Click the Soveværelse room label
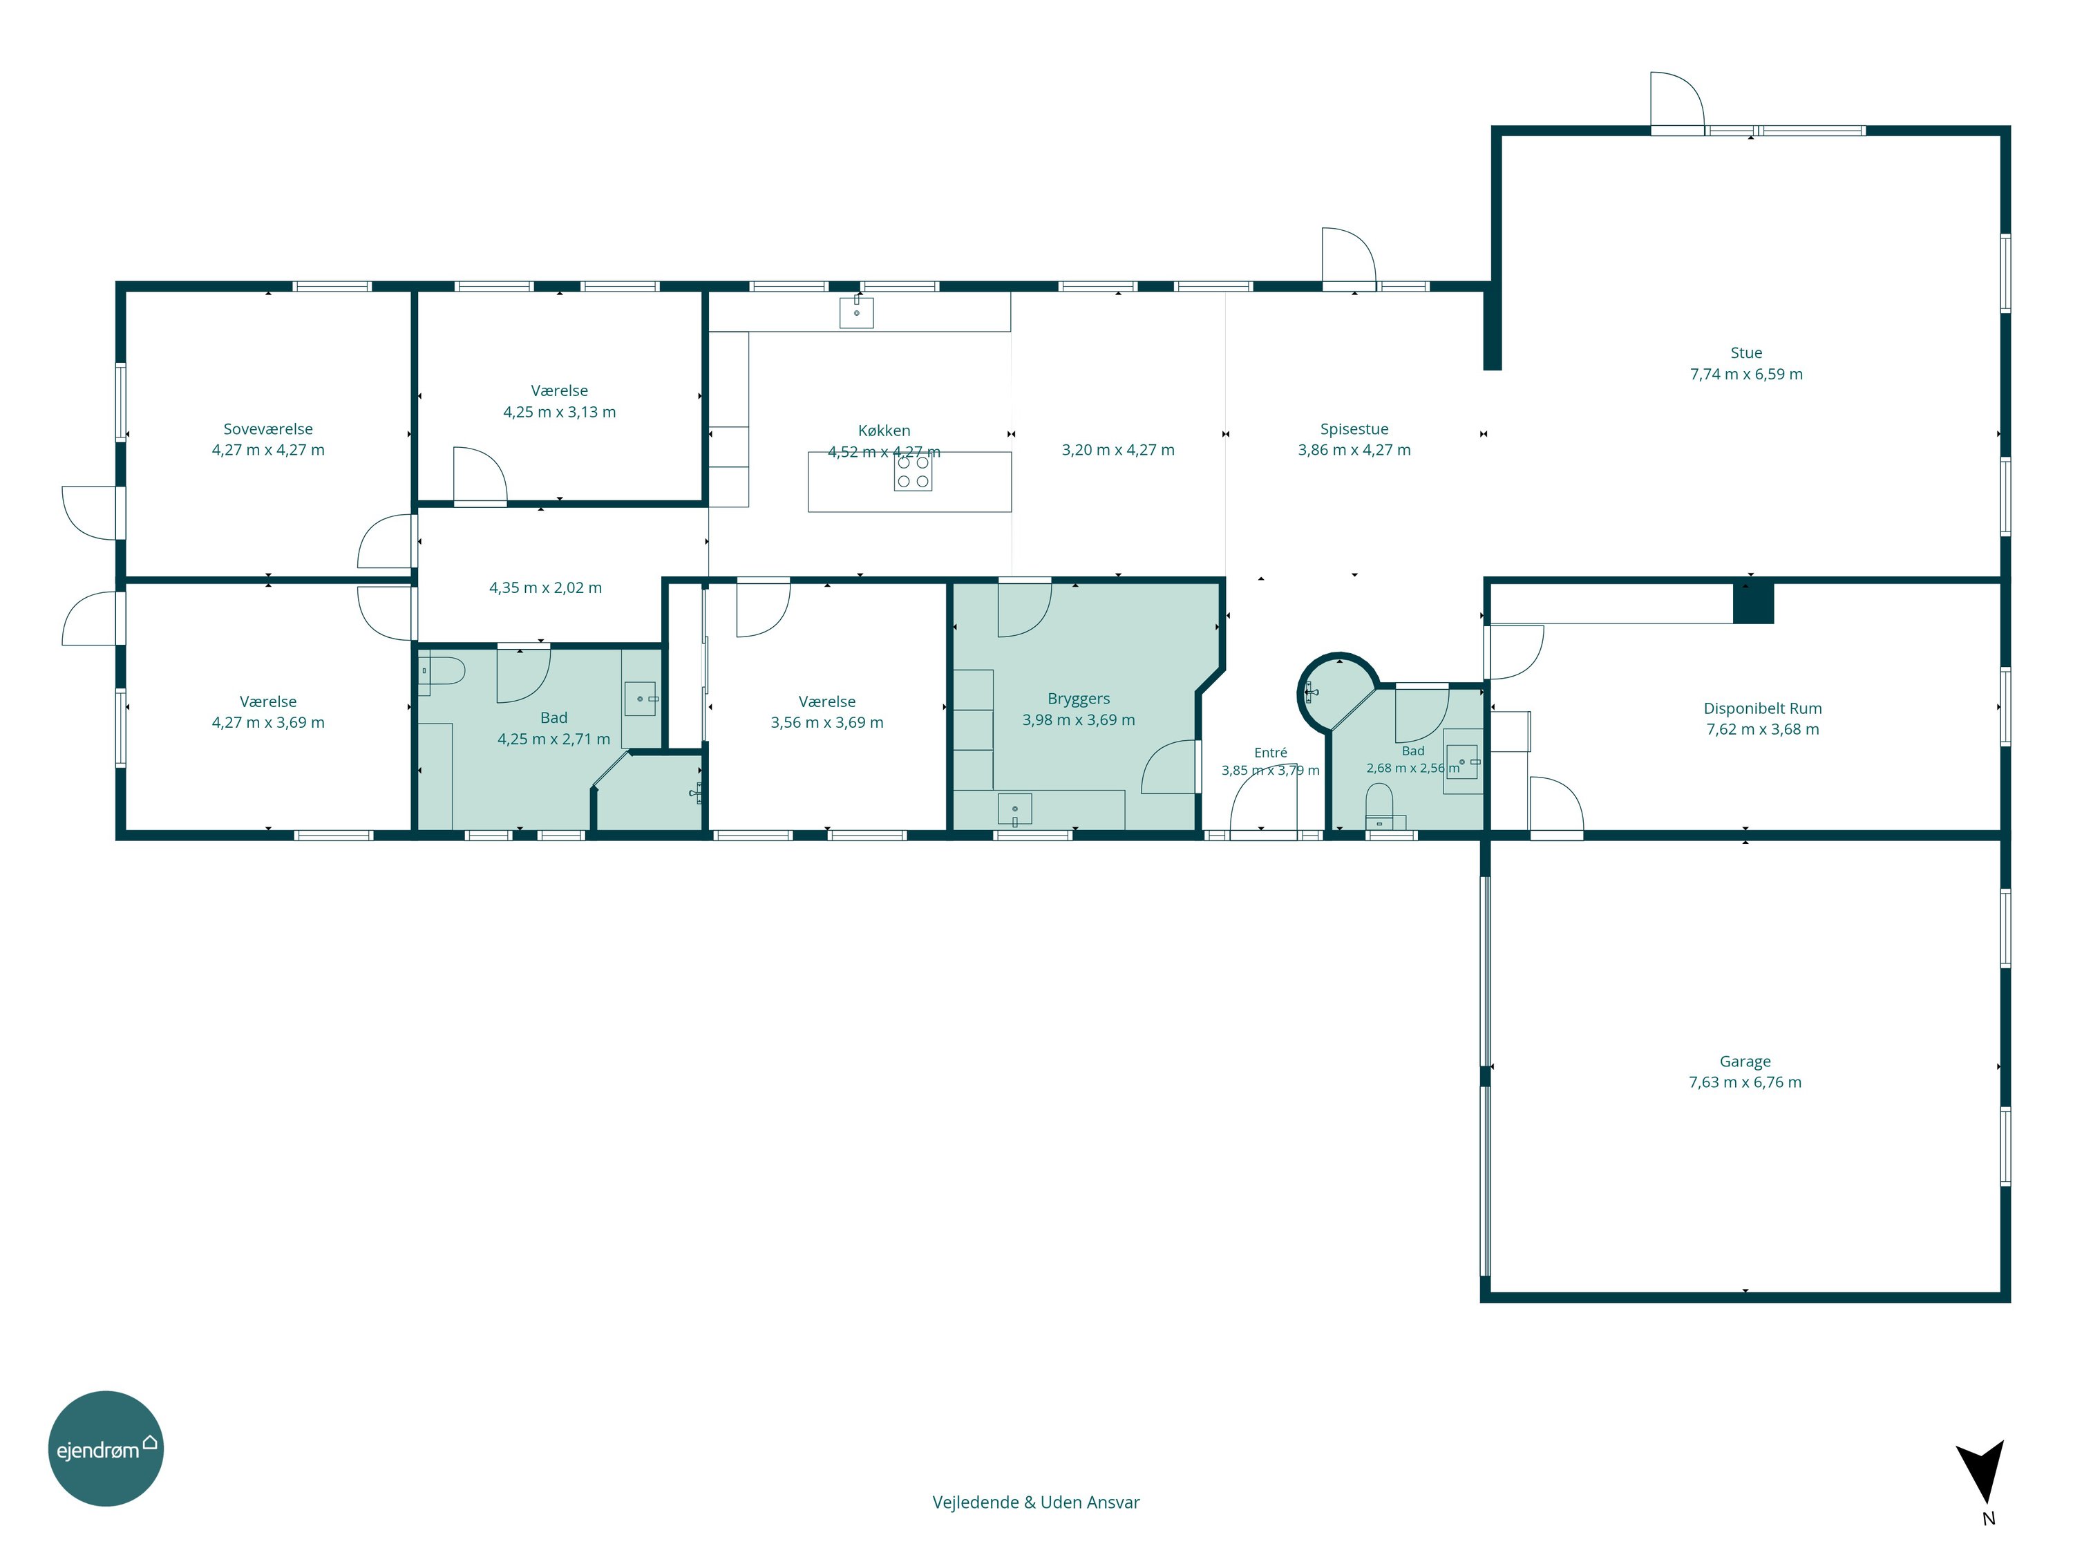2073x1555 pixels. pos(268,429)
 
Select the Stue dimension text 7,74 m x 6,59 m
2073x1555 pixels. pos(1746,374)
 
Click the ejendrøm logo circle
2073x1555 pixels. pos(106,1448)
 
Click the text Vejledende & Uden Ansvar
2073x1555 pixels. pos(1036,1502)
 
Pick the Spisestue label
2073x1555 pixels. pos(1354,429)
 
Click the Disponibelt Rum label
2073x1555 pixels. pos(1763,708)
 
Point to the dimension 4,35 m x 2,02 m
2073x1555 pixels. pos(545,587)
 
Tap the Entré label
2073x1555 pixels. pos(1271,753)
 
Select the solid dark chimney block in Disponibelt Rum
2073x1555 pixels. pos(1752,603)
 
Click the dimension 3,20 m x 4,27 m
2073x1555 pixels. pos(1118,450)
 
